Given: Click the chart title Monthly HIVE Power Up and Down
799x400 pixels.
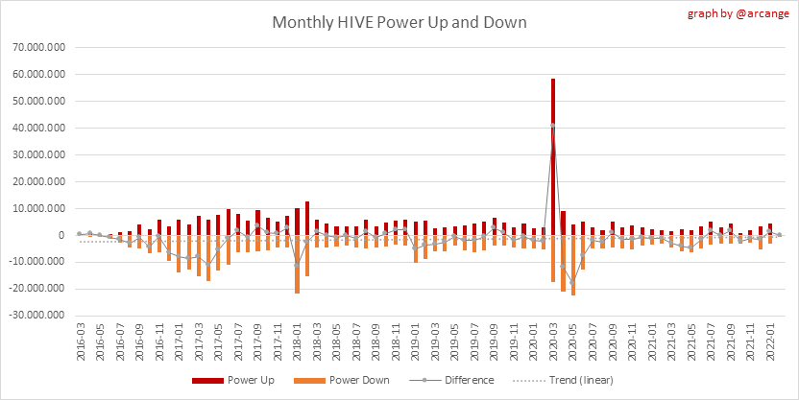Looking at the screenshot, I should tap(399, 22).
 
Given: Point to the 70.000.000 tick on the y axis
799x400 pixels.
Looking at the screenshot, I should tap(37, 47).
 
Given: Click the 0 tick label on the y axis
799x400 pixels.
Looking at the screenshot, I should tap(62, 235).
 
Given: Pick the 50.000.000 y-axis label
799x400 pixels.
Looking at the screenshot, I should tap(37, 101).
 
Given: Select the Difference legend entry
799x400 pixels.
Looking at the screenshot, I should tap(459, 380).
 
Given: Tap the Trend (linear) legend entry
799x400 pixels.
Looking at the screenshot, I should tap(573, 380).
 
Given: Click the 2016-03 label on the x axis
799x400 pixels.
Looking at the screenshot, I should tap(81, 341).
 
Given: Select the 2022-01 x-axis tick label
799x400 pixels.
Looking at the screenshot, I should tap(771, 341).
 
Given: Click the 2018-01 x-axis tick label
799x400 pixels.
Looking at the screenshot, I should tap(298, 341).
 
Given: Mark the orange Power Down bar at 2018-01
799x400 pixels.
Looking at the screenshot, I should tap(298, 264).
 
